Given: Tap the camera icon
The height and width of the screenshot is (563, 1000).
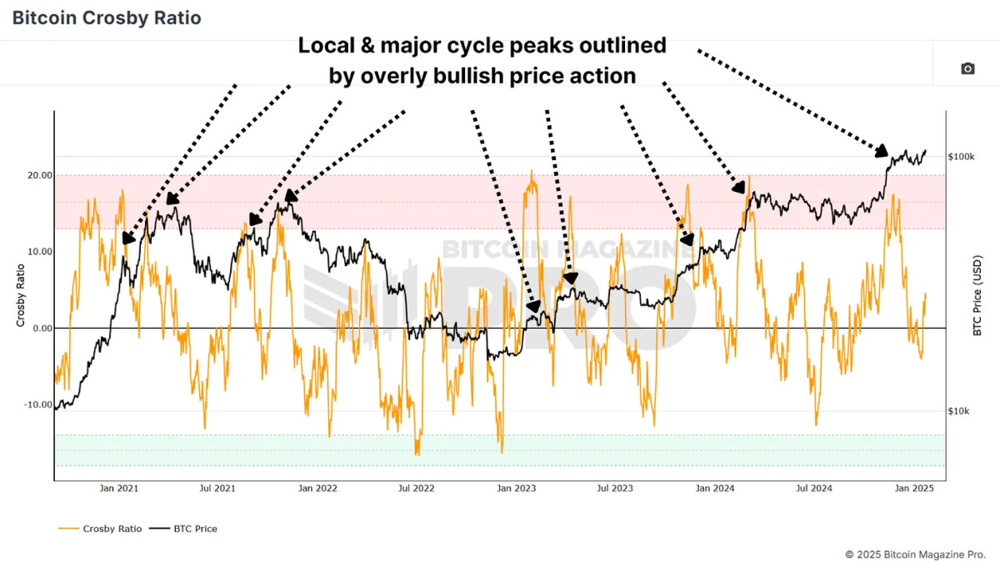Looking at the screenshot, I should point(967,68).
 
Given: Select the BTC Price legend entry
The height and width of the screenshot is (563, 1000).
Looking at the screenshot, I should point(195,528).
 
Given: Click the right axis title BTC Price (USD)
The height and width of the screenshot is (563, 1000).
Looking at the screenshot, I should point(978,296).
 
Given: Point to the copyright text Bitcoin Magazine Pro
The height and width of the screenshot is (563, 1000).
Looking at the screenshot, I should point(915,554).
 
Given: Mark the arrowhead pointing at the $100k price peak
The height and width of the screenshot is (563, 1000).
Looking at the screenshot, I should point(882,151).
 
